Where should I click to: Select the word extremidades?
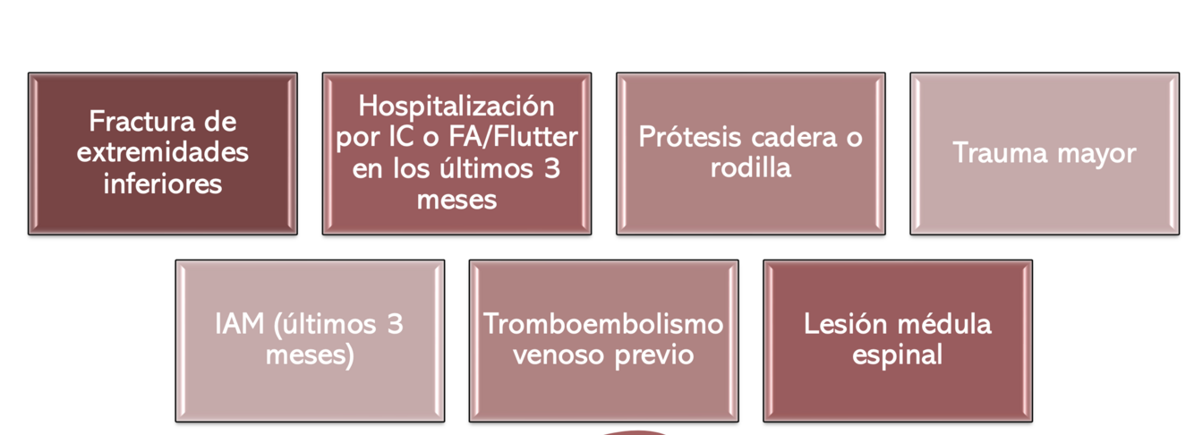coord(163,152)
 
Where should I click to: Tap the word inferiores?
coord(163,183)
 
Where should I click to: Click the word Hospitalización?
coord(456,106)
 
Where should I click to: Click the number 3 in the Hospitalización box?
coord(551,168)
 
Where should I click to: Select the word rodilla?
coord(751,167)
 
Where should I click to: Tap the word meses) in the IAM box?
coord(310,355)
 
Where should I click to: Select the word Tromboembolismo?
coord(603,324)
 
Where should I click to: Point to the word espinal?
coord(897,355)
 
